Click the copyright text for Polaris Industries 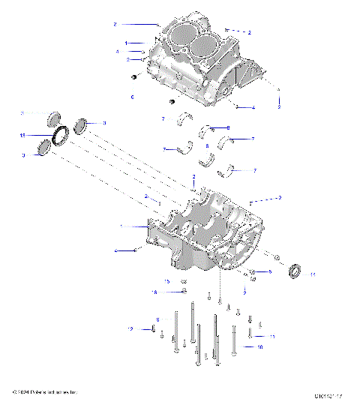click(45, 392)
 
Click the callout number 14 click(313, 275)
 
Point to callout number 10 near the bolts click(259, 347)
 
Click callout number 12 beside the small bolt click(130, 329)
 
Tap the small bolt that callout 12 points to click(153, 329)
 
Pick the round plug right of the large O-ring click(82, 122)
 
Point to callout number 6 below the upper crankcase click(133, 97)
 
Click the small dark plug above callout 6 click(133, 77)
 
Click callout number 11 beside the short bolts click(273, 337)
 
